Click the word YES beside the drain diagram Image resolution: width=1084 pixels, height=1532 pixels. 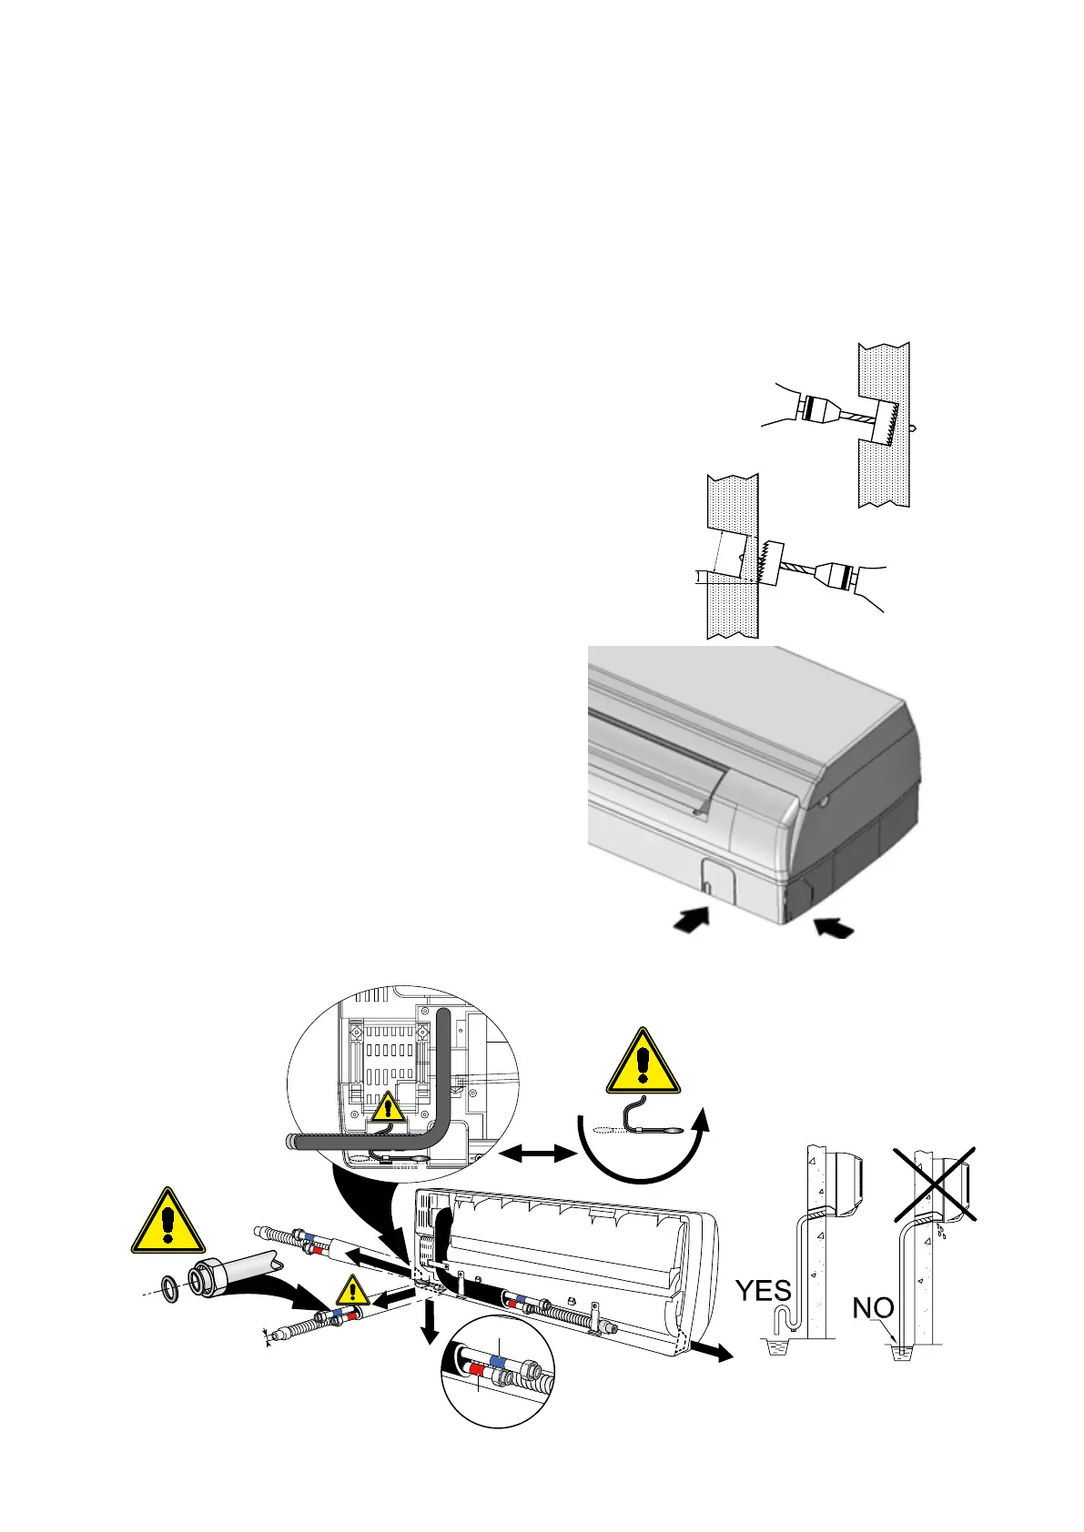click(763, 1291)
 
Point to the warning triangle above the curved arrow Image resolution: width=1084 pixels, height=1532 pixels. click(643, 1063)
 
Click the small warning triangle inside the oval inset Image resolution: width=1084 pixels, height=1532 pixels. click(389, 1108)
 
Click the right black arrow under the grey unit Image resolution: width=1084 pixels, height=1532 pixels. click(836, 927)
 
